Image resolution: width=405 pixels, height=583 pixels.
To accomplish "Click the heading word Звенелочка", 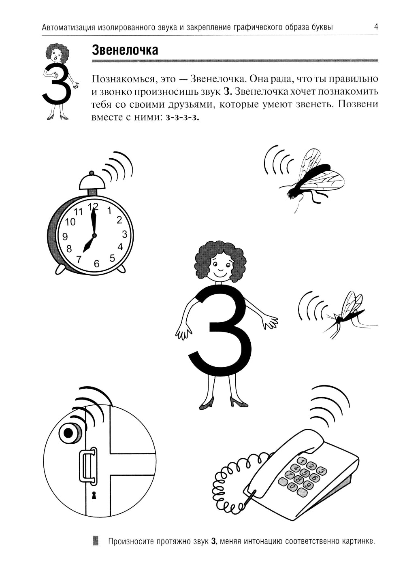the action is coord(125,50).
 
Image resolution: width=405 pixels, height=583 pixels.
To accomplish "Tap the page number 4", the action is coord(376,27).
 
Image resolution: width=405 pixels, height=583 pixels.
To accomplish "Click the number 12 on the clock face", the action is coord(93,206).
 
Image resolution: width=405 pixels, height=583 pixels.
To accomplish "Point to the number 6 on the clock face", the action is coord(96,264).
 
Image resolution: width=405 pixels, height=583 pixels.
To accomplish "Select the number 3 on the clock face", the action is coord(125,234).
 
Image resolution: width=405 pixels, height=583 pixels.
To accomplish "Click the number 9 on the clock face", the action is coord(65,236).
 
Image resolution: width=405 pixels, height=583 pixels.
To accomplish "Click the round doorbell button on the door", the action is coord(69,433).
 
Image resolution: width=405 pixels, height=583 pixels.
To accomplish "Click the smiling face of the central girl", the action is coord(220,268).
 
